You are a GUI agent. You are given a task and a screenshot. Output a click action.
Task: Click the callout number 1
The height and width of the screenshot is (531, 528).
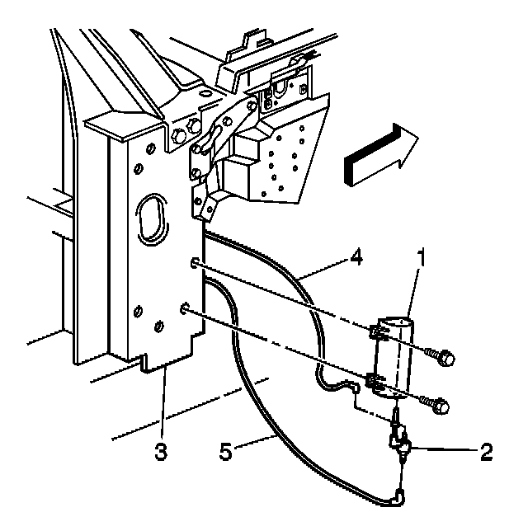pyautogui.click(x=421, y=258)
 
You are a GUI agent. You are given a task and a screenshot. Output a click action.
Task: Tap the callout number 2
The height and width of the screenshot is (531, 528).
pyautogui.click(x=486, y=451)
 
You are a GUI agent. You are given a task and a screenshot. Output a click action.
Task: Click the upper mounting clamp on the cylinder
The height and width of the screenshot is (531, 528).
pyautogui.click(x=379, y=334)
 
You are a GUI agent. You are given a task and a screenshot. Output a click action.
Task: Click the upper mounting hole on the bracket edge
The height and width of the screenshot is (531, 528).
pyautogui.click(x=192, y=263)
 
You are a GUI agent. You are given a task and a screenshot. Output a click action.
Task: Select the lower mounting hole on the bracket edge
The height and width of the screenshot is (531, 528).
pyautogui.click(x=185, y=310)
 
